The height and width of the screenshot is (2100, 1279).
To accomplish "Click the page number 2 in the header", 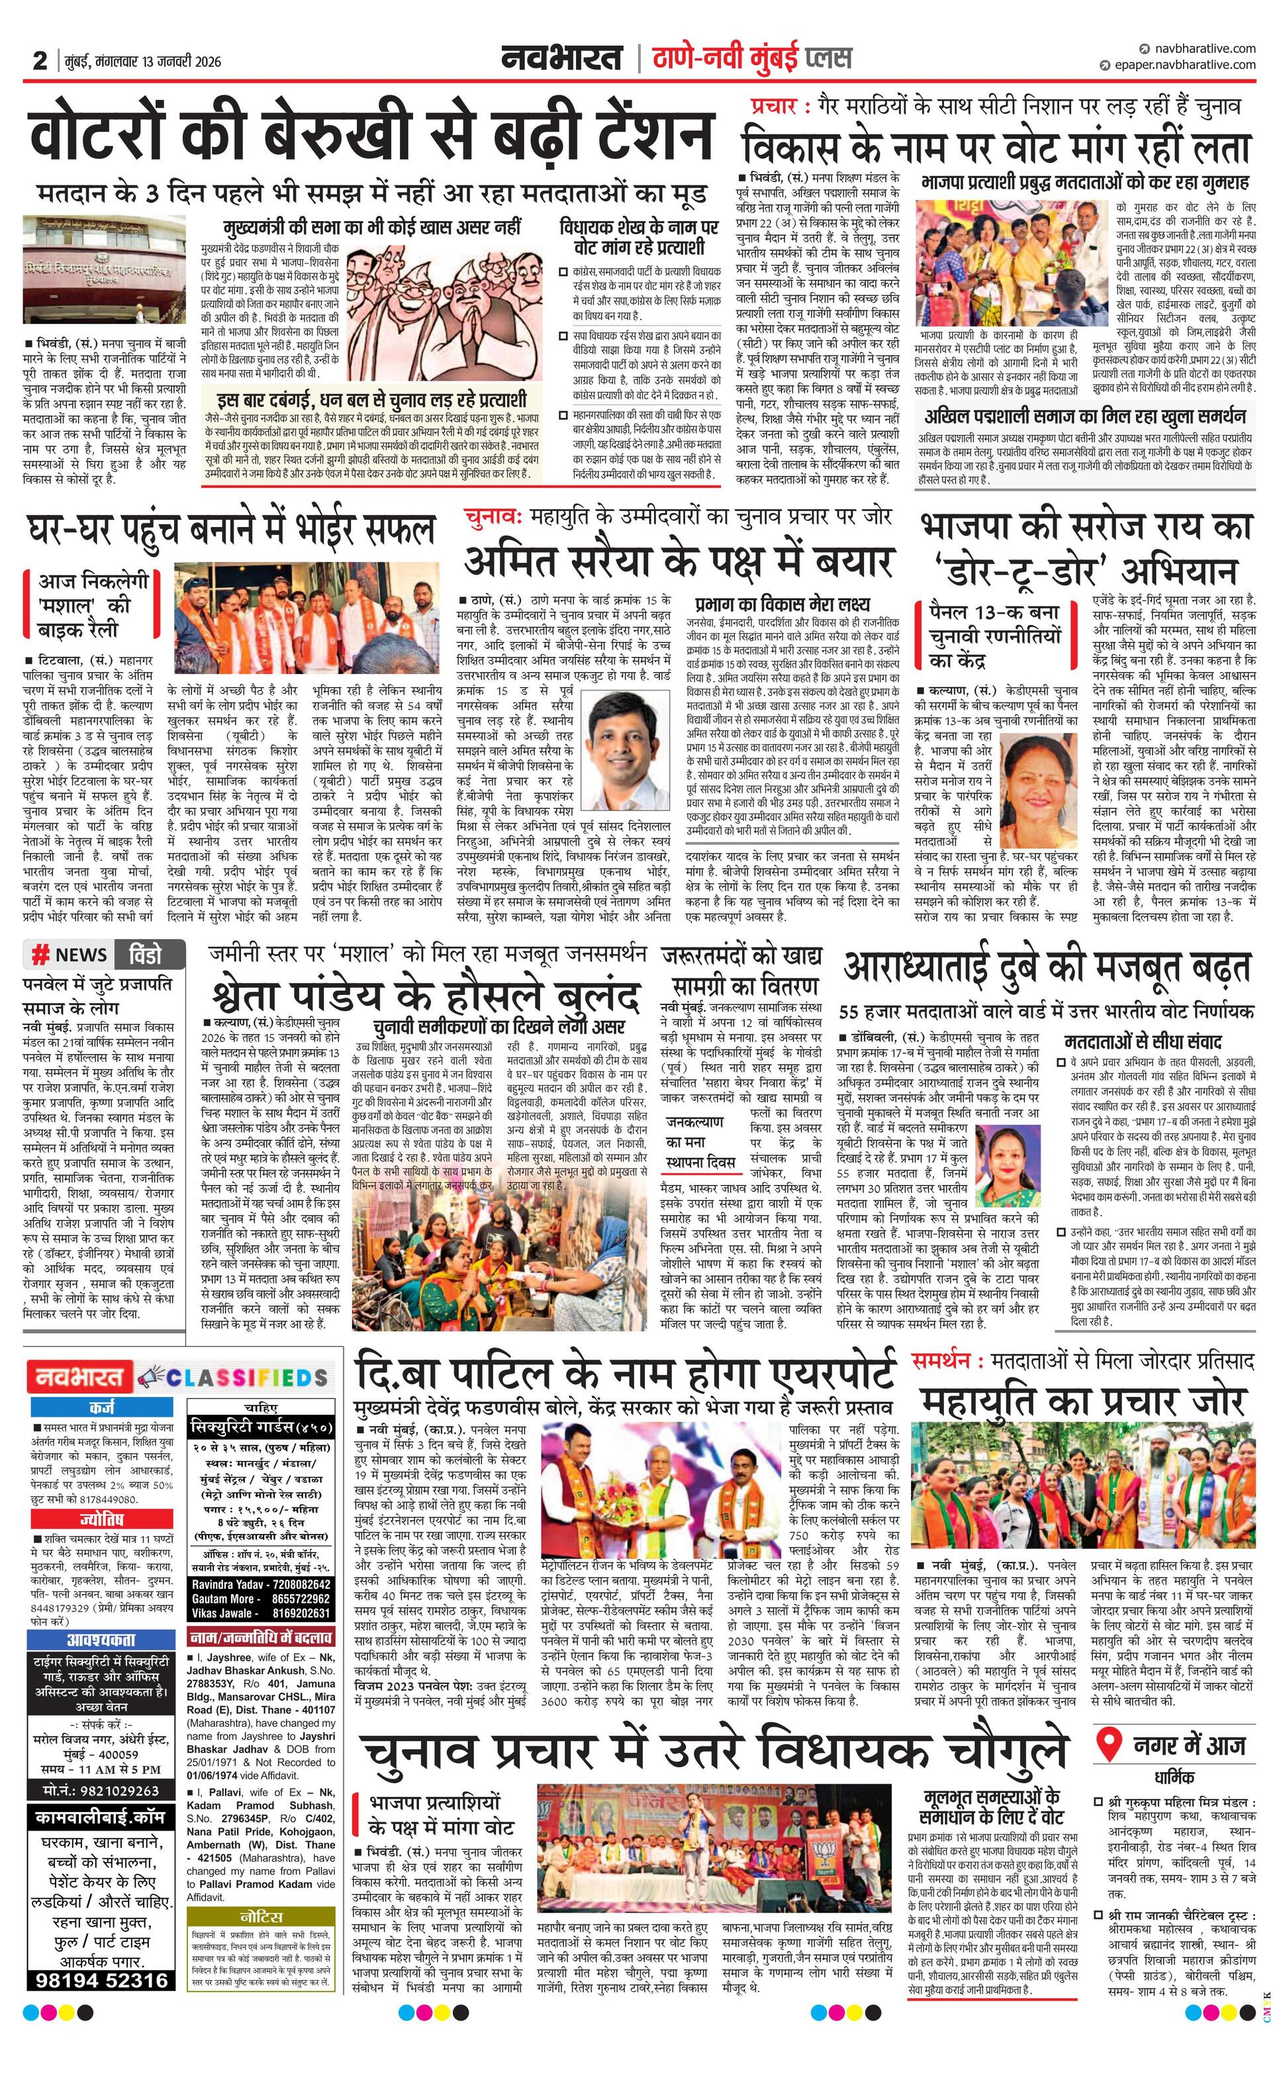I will coord(39,60).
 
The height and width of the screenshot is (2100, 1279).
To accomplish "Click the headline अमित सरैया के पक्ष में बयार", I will coord(679,561).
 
